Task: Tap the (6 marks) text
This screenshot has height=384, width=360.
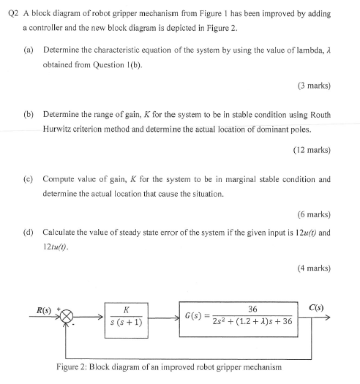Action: [x=315, y=214]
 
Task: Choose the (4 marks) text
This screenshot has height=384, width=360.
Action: [x=315, y=268]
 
